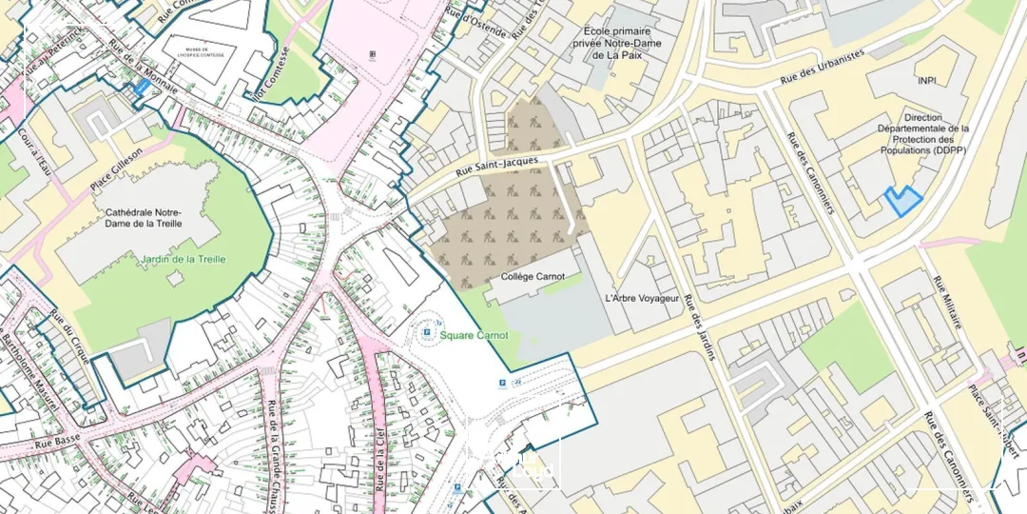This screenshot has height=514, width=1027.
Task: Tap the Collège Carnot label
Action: coord(533,277)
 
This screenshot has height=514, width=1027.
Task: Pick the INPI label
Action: coord(928,81)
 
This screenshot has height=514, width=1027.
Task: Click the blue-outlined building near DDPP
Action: coord(903,201)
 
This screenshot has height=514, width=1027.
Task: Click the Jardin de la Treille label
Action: coord(184,260)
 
